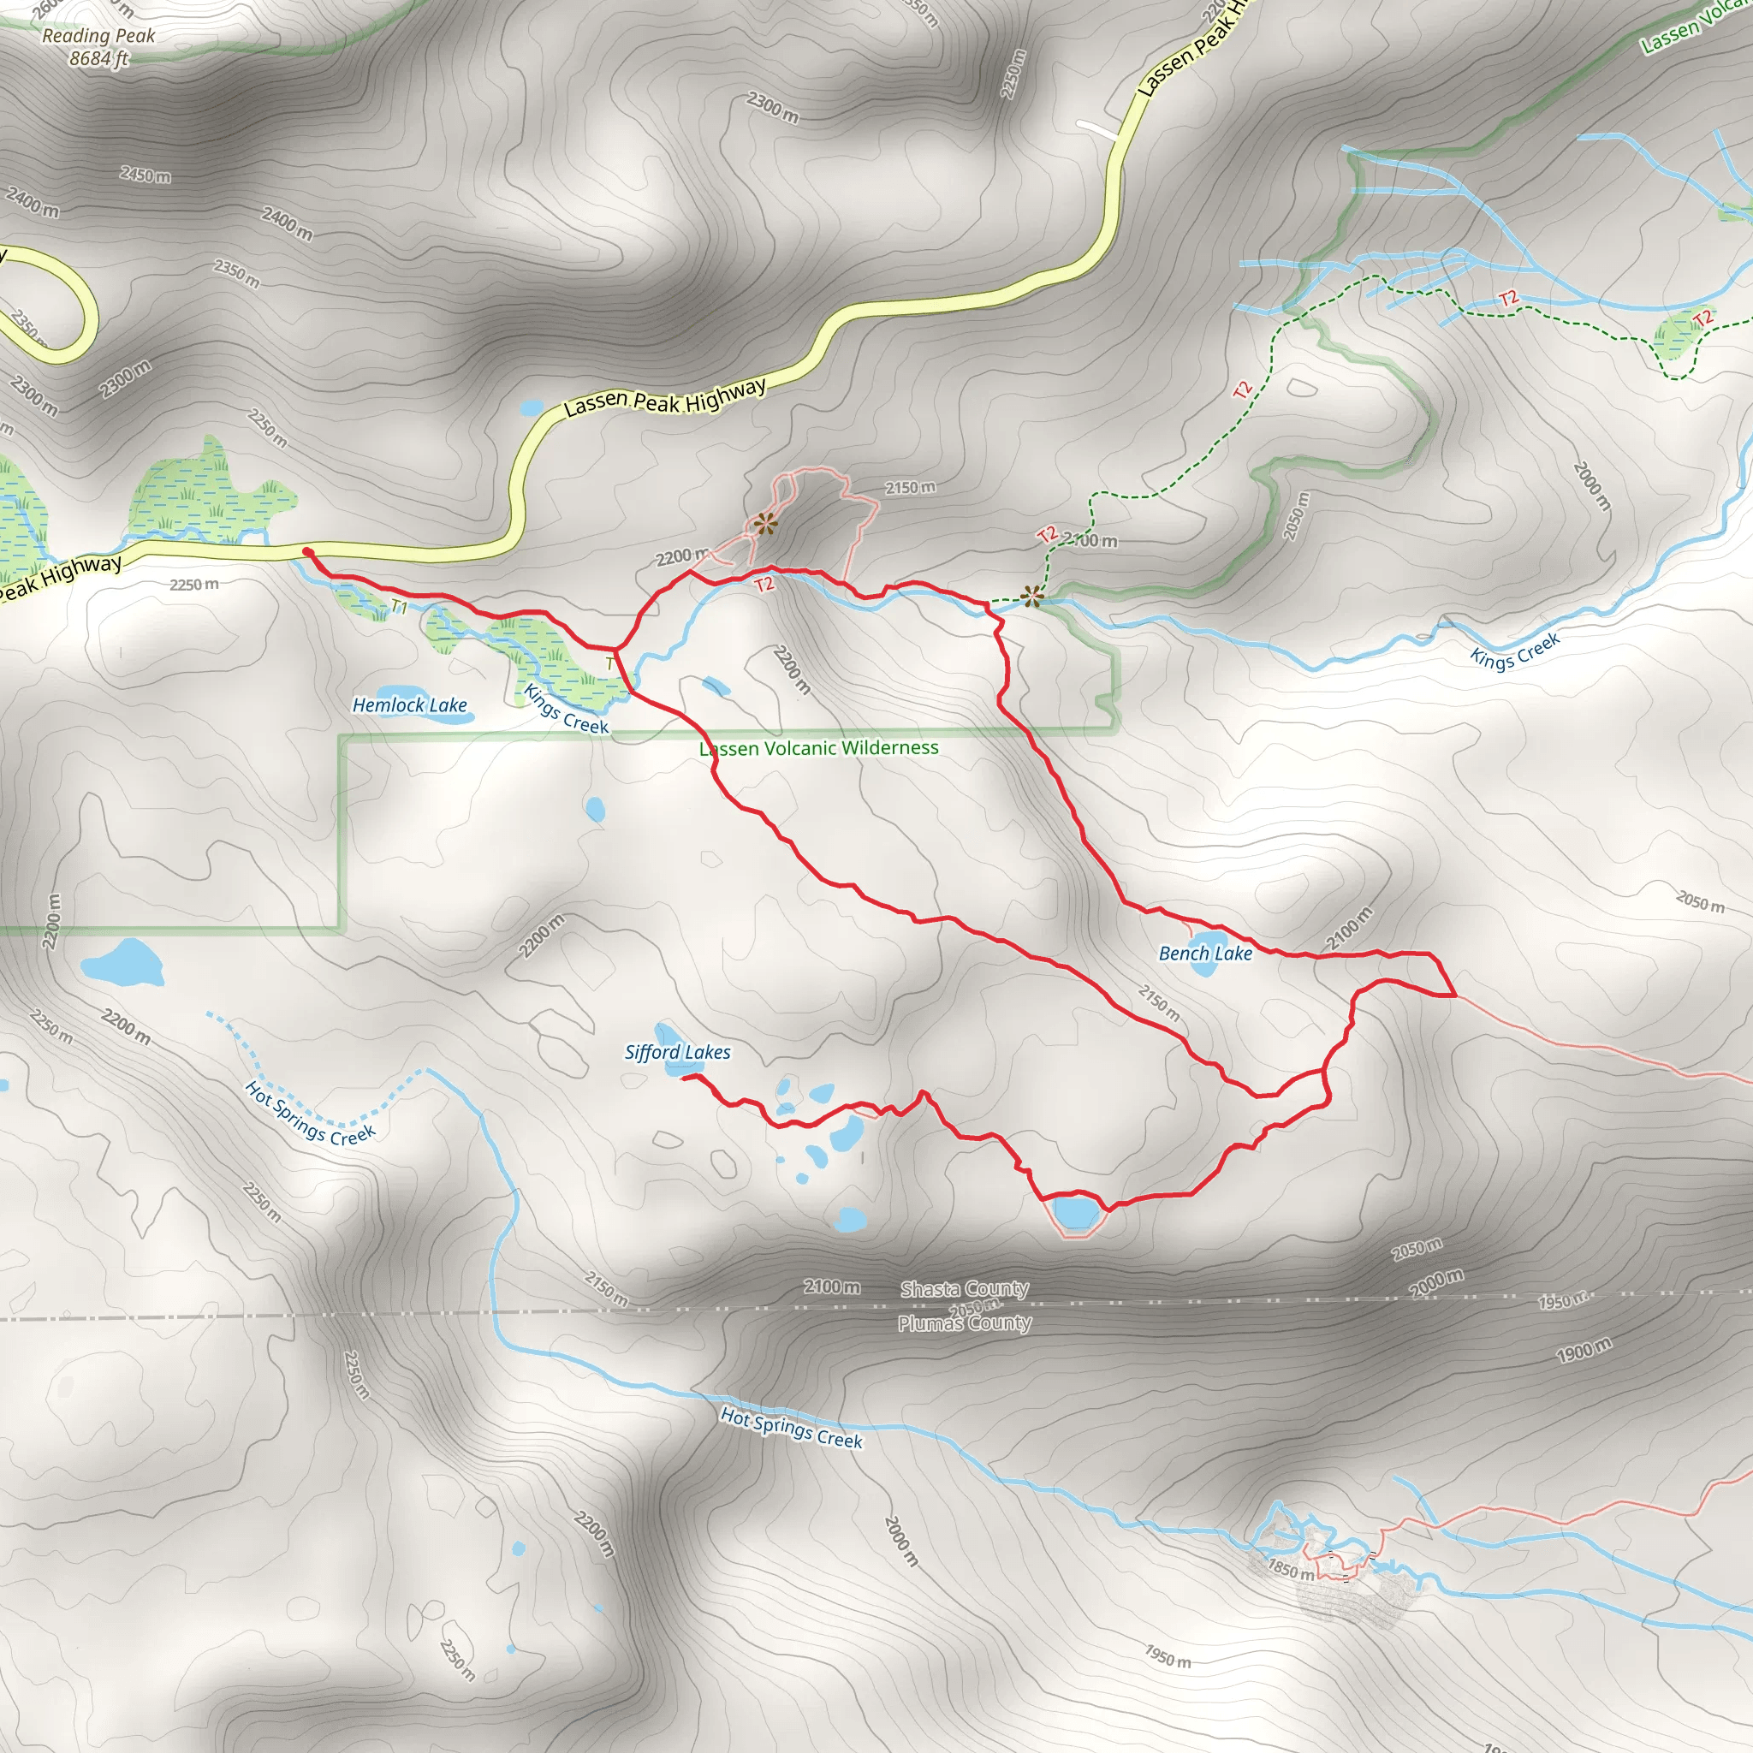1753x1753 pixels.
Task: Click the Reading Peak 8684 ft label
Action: click(98, 47)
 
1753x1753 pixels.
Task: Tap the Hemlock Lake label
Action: click(409, 705)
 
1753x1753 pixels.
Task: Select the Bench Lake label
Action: click(1205, 954)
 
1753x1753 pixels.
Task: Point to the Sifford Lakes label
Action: click(677, 1053)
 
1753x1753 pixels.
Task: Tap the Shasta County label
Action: click(964, 1288)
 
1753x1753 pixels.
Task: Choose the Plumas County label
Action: click(964, 1323)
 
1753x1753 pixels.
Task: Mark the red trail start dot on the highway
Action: click(307, 552)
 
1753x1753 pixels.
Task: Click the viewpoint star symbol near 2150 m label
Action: click(765, 524)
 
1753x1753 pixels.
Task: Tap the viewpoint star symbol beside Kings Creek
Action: click(1031, 596)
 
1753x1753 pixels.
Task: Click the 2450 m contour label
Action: click(146, 175)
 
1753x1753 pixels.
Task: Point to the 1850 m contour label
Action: click(1290, 1568)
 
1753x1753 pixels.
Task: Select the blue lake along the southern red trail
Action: click(1074, 1211)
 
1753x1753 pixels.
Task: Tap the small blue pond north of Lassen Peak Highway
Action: click(531, 408)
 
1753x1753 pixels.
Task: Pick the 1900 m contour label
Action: click(1584, 1350)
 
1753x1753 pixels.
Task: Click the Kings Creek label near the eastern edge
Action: click(1514, 650)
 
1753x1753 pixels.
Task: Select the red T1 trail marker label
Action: click(398, 607)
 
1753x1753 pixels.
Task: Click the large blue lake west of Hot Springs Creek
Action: click(124, 962)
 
